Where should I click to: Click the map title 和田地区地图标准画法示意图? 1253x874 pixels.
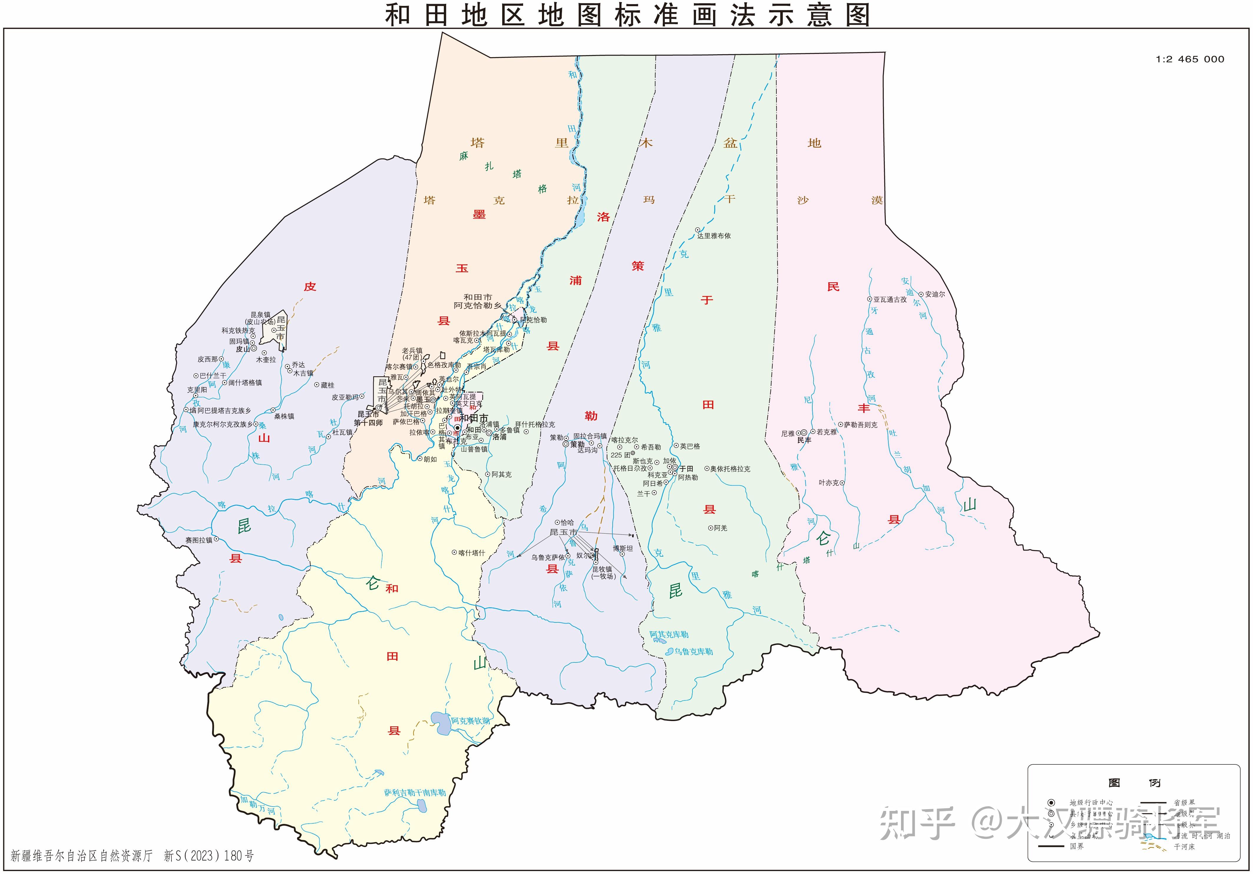[x=626, y=15]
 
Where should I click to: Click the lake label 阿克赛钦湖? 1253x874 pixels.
[x=470, y=720]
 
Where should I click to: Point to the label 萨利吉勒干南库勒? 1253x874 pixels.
[x=415, y=792]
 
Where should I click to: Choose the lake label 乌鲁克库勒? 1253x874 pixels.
[x=693, y=651]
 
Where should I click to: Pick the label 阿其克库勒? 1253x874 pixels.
[x=669, y=634]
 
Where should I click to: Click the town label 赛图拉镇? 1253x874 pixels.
[x=199, y=540]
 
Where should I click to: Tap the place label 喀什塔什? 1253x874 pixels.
[x=472, y=553]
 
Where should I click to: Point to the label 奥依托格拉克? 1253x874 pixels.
[x=730, y=469]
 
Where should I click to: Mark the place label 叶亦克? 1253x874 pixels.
[x=829, y=483]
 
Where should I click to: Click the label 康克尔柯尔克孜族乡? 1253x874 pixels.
[x=223, y=424]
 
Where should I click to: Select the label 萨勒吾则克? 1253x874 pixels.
[x=861, y=424]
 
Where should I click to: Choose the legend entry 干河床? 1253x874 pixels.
[x=1184, y=847]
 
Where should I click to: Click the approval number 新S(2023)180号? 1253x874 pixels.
[x=209, y=855]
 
